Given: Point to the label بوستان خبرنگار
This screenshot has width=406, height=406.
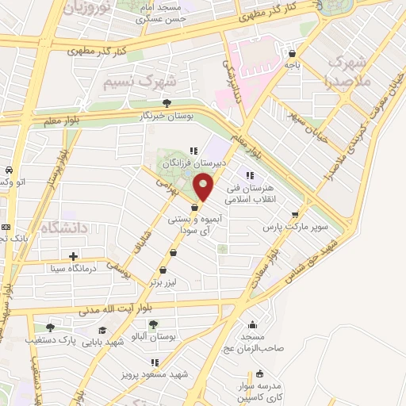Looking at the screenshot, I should tap(167, 116).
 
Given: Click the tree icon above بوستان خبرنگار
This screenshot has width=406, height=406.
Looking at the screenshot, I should tap(166, 103).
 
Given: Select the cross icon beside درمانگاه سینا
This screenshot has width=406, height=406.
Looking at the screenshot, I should tap(74, 256).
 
